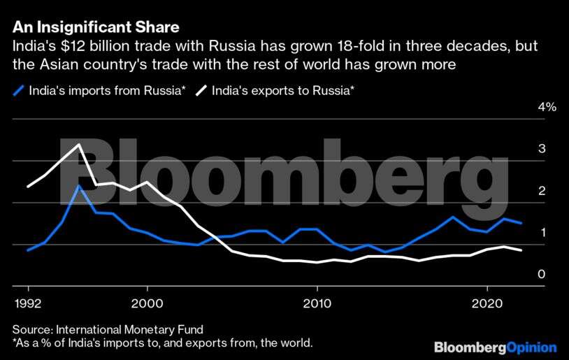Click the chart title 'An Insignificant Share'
pyautogui.click(x=96, y=28)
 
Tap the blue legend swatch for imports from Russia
pyautogui.click(x=19, y=89)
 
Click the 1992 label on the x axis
pyautogui.click(x=28, y=304)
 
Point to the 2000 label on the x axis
pyautogui.click(x=147, y=304)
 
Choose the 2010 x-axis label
pyautogui.click(x=317, y=304)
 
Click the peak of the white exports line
pyautogui.click(x=79, y=145)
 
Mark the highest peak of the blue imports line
pyautogui.click(x=79, y=186)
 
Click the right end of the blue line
pyautogui.click(x=521, y=223)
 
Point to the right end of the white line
pyautogui.click(x=521, y=250)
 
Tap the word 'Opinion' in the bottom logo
pyautogui.click(x=531, y=347)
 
